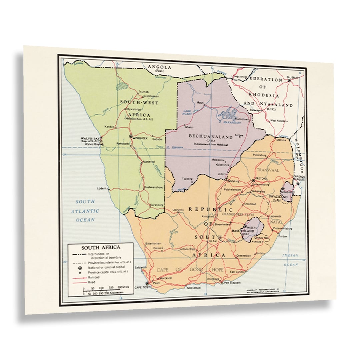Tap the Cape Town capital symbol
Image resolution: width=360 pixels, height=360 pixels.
point(147,284)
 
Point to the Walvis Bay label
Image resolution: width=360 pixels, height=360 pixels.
point(90,139)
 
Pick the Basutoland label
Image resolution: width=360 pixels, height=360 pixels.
point(243,231)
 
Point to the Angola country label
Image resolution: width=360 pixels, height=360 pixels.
point(160,67)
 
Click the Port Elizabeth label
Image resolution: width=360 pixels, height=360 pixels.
point(232,283)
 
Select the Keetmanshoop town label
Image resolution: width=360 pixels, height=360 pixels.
point(154,187)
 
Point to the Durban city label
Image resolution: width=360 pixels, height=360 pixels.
point(283,236)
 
